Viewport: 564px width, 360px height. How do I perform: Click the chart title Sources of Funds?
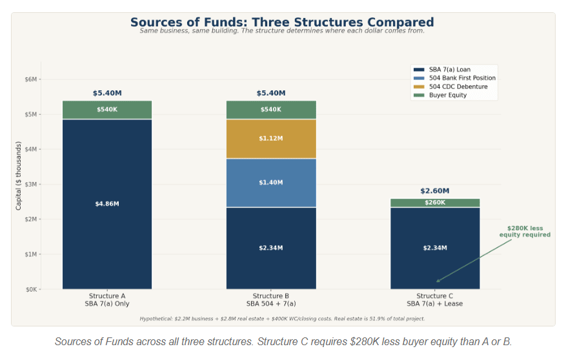[x=282, y=23]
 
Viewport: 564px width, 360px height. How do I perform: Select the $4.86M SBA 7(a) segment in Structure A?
[x=107, y=204]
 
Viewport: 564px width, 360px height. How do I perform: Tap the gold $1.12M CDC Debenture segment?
[x=271, y=139]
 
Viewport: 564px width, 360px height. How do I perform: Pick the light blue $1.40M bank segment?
[x=271, y=183]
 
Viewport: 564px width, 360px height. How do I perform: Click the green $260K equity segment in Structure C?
[x=435, y=203]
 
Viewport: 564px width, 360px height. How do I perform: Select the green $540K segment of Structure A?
[x=107, y=110]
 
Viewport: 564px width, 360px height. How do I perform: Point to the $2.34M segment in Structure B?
[x=271, y=248]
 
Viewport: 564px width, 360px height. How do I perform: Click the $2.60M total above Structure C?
[x=435, y=191]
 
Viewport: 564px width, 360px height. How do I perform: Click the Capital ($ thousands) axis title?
[x=19, y=176]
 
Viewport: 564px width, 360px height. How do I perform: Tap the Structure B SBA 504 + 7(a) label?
[x=271, y=299]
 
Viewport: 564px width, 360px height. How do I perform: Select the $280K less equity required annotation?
[x=524, y=232]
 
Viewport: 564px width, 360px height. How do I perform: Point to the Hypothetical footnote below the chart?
[x=282, y=318]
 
